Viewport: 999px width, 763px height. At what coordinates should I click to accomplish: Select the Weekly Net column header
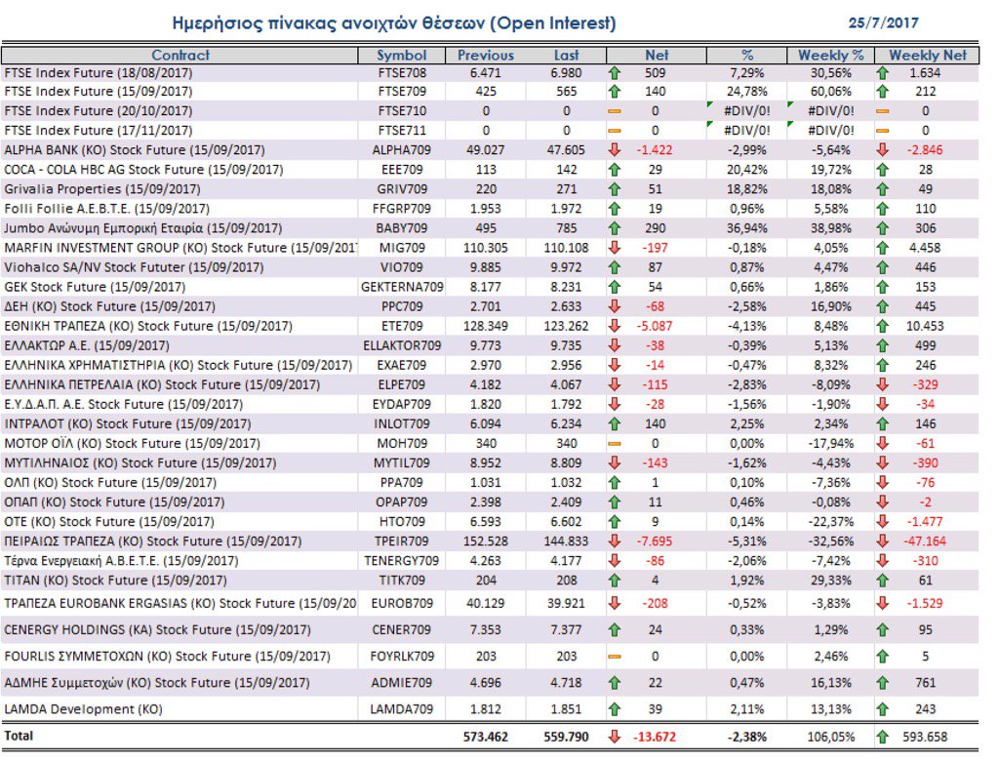[927, 56]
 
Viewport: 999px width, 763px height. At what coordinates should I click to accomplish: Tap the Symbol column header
[401, 56]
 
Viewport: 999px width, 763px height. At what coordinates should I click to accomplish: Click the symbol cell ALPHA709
[401, 150]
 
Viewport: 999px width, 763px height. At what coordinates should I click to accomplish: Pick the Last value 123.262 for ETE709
[566, 326]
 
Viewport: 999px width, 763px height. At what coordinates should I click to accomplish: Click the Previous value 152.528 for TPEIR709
[485, 541]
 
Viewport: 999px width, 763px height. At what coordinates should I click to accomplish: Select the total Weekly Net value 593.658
[926, 737]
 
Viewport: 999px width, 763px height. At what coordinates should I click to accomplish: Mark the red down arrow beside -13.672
[615, 737]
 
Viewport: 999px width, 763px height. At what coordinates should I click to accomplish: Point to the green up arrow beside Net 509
[615, 72]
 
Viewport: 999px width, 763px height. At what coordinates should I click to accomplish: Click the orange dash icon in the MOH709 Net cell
[615, 443]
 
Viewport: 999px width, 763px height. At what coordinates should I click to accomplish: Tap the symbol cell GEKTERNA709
[401, 287]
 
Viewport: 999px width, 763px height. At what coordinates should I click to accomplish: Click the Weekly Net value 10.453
[926, 326]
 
